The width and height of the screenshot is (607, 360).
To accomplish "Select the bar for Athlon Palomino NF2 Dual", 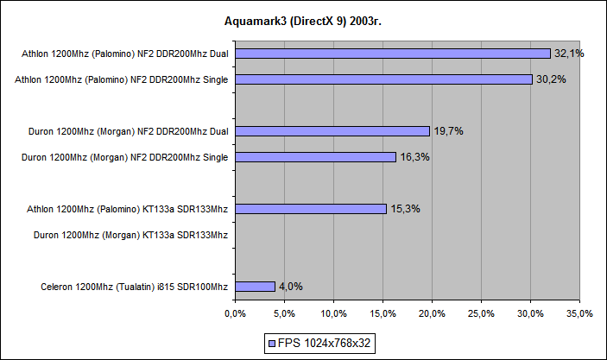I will click(x=392, y=54).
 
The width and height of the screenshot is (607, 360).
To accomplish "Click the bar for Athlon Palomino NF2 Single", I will click(x=383, y=79).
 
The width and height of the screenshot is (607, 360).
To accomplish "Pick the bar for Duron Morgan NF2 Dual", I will click(x=332, y=131).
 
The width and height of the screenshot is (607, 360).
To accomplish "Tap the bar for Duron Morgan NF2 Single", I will click(x=315, y=157).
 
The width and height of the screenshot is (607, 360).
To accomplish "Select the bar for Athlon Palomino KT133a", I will click(x=310, y=209).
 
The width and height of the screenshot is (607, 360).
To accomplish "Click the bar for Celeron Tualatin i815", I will click(x=255, y=287).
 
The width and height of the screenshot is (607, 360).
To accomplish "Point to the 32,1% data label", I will click(x=569, y=54).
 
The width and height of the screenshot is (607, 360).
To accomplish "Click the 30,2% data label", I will click(x=550, y=79).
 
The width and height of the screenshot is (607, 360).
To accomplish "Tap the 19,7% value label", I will click(x=447, y=131).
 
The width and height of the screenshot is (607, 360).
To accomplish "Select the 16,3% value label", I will click(x=414, y=157).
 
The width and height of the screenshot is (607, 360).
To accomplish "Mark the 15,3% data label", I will click(x=404, y=209).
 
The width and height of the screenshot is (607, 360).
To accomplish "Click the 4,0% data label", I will click(x=290, y=287).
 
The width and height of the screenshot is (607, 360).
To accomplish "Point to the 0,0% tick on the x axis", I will click(x=235, y=313).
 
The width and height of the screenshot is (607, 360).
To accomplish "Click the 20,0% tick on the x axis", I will click(x=432, y=313).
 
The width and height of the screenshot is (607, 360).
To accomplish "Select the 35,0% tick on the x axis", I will click(x=579, y=313).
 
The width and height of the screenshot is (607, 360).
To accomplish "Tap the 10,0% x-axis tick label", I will click(x=333, y=313).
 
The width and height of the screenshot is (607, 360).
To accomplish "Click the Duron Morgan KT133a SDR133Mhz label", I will click(x=130, y=235).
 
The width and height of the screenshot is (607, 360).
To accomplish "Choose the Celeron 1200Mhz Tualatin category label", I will click(x=134, y=287).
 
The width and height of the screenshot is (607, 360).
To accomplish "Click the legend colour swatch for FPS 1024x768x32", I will click(x=273, y=343).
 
